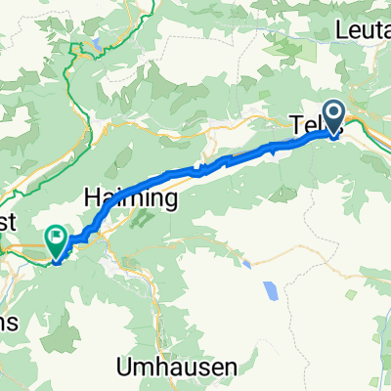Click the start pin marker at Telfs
[333, 118]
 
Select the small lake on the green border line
[98, 44]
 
